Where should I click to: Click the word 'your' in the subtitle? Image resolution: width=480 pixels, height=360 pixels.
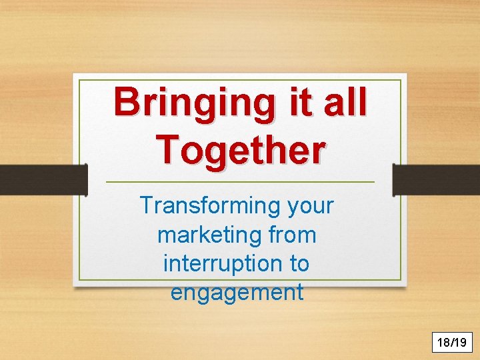(x=311, y=206)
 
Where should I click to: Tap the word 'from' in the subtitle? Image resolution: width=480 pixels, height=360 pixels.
(x=293, y=235)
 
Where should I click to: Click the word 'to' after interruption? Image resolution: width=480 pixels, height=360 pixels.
(x=299, y=264)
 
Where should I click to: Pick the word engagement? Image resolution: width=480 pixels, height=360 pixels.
(x=237, y=293)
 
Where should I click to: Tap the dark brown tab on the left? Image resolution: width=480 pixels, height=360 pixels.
(x=43, y=179)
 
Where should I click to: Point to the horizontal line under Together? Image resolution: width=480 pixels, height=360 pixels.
(x=240, y=182)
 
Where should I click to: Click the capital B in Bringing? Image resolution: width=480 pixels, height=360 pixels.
(x=126, y=102)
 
